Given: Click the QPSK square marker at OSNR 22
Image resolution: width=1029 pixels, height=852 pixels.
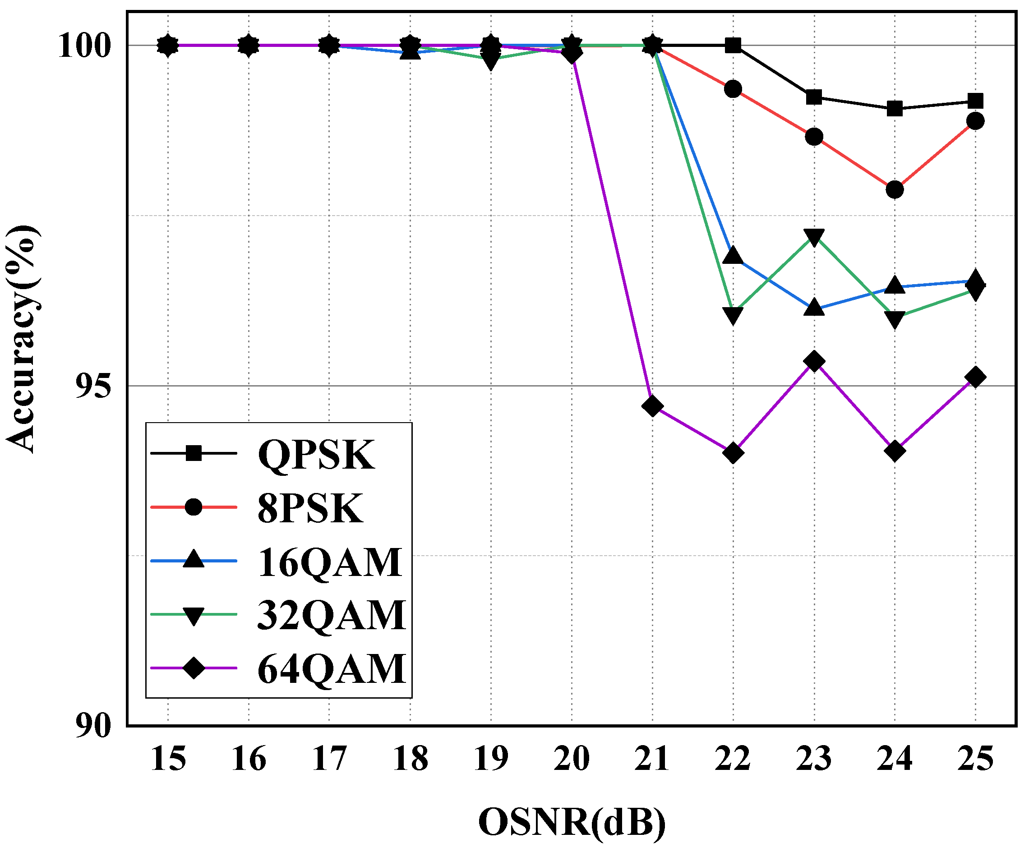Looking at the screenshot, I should point(733,46).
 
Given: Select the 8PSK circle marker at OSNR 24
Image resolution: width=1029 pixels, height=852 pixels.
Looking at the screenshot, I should point(895,189).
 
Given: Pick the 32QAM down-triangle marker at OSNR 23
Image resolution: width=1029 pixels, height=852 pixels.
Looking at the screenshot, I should point(814,237).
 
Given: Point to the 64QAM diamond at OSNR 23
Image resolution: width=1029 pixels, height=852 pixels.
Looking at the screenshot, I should point(814,362).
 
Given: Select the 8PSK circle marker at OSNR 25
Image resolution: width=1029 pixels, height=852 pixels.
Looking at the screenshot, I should point(976,120).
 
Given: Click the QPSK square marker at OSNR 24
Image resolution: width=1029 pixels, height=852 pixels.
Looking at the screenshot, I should point(895,108).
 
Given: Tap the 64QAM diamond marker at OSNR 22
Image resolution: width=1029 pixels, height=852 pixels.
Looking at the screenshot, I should point(733,452).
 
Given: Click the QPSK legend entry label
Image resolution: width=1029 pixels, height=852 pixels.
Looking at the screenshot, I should point(316,455).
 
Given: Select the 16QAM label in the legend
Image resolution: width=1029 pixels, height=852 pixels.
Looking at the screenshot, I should point(329,562).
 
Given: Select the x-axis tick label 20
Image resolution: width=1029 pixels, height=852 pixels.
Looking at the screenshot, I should point(571,759).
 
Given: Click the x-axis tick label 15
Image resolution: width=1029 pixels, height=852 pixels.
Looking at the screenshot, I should point(168,759).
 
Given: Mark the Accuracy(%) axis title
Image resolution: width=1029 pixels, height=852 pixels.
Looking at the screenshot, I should point(22,338).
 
